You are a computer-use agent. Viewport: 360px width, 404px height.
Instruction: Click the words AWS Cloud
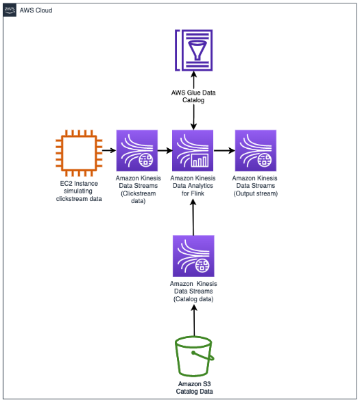click(x=36, y=11)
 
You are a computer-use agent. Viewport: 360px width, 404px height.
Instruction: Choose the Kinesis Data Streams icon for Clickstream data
click(x=138, y=150)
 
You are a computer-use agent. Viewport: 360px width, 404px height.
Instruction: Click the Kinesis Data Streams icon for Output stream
click(x=255, y=150)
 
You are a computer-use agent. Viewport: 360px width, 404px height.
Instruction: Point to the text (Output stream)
click(x=255, y=193)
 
